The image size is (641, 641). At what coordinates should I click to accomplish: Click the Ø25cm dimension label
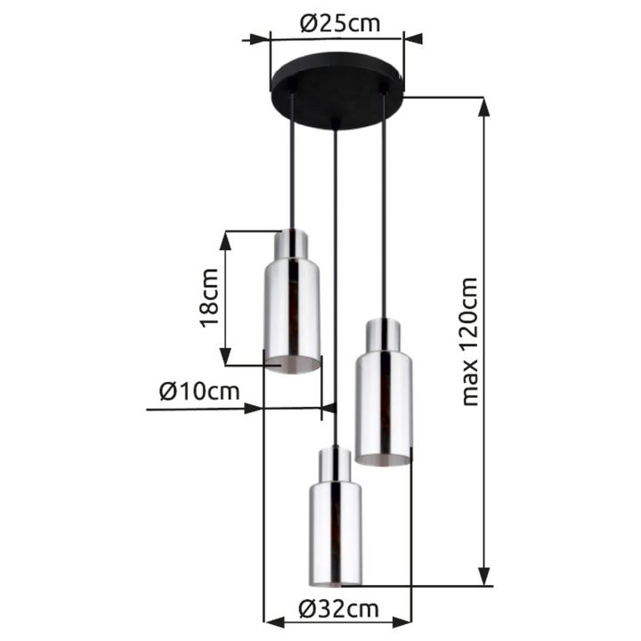coord(340,24)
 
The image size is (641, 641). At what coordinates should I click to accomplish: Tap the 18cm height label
coord(209,298)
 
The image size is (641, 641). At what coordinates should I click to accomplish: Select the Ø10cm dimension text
coord(199,391)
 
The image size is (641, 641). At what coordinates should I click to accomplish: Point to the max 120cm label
coord(469,342)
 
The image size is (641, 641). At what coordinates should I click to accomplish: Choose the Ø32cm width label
coord(338,609)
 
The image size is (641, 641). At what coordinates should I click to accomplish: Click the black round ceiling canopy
coord(337,90)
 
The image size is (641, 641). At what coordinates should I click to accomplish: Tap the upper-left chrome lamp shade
coord(292,302)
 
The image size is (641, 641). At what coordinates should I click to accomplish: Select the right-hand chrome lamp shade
coord(384,392)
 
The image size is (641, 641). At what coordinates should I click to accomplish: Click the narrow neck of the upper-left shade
coord(290,245)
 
